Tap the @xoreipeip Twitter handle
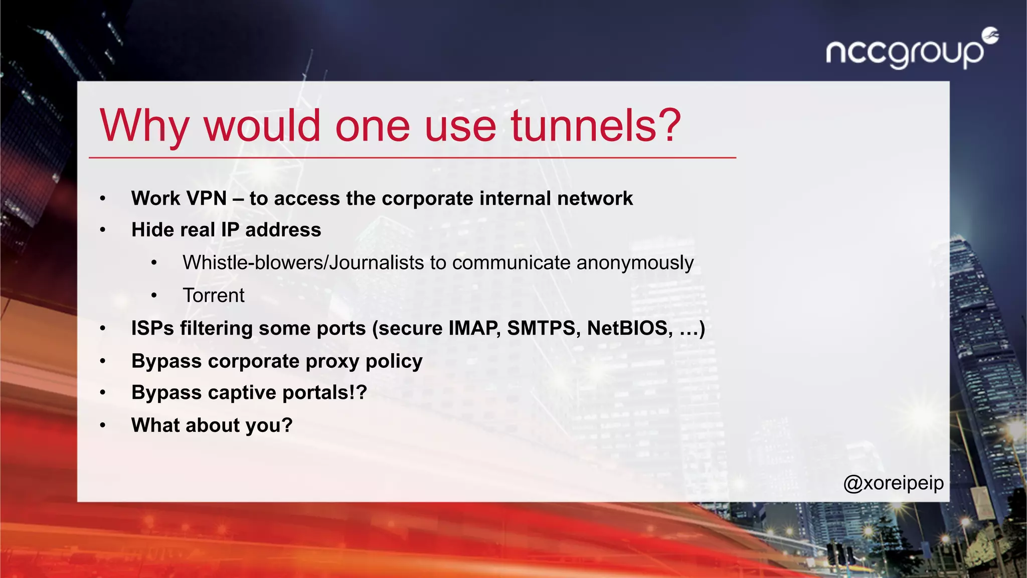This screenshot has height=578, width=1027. [894, 483]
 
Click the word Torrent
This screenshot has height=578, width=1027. [214, 296]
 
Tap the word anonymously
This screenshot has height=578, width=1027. [635, 263]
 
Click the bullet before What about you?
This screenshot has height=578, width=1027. [103, 426]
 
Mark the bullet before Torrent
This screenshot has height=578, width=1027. [154, 296]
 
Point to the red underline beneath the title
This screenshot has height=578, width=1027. [412, 158]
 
